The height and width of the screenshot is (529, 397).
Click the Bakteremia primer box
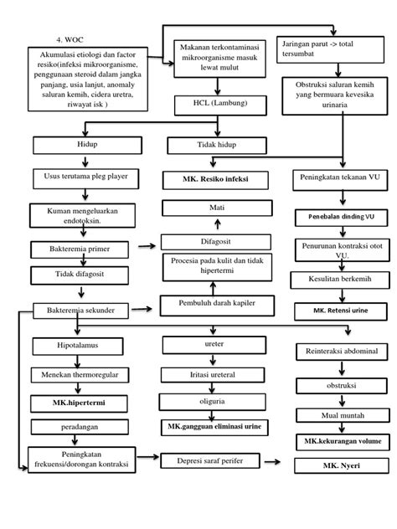coord(80,249)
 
